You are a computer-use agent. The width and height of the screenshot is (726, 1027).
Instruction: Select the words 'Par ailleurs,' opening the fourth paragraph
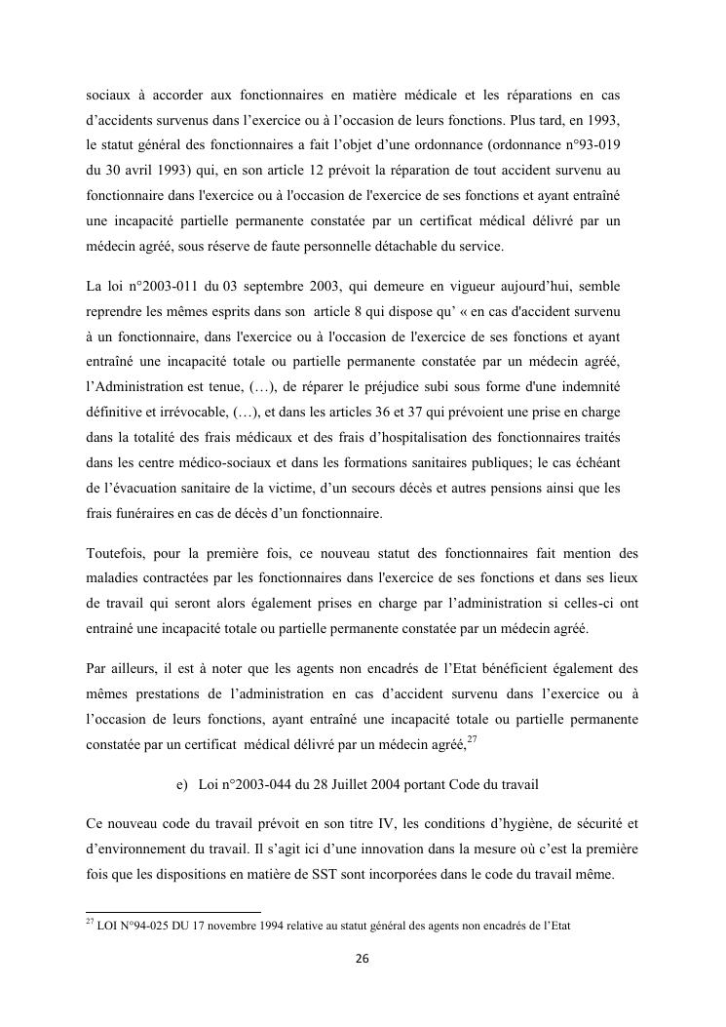(x=121, y=668)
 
